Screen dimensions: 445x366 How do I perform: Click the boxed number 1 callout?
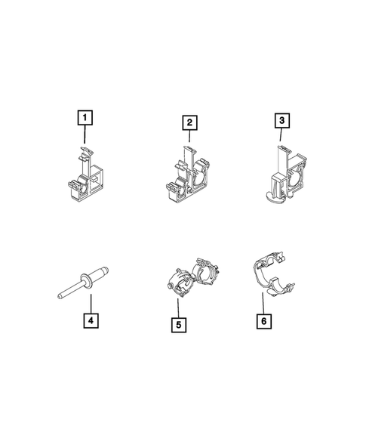(x=86, y=118)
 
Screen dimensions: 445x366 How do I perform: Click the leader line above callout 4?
(x=89, y=301)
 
